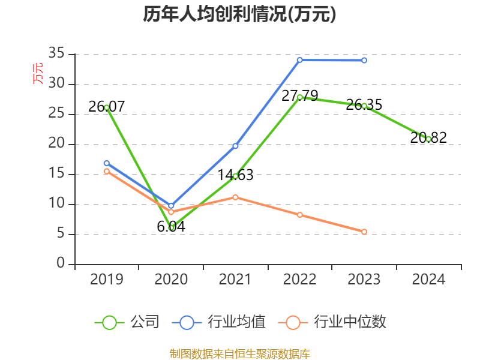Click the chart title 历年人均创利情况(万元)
pyautogui.click(x=239, y=14)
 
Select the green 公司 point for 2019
pyautogui.click(x=107, y=107)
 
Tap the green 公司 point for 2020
pyautogui.click(x=172, y=227)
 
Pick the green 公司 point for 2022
pyautogui.click(x=299, y=97)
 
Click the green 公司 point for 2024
pyautogui.click(x=428, y=139)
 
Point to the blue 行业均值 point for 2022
pyautogui.click(x=299, y=60)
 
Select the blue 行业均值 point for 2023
pyautogui.click(x=364, y=60)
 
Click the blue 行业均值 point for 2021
pyautogui.click(x=235, y=146)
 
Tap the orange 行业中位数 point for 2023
pyautogui.click(x=364, y=232)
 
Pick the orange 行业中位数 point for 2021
pyautogui.click(x=235, y=197)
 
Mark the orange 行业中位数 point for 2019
pyautogui.click(x=107, y=172)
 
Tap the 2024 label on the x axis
pyautogui.click(x=428, y=280)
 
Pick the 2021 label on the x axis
pyautogui.click(x=235, y=280)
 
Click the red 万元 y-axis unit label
pyautogui.click(x=38, y=73)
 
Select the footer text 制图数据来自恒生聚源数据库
pyautogui.click(x=239, y=353)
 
